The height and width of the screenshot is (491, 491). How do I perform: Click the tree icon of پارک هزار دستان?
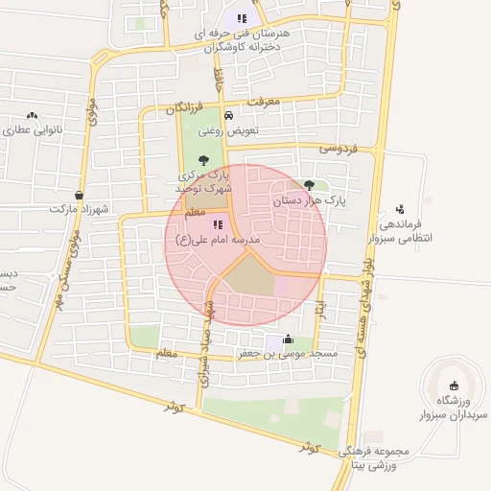(308, 185)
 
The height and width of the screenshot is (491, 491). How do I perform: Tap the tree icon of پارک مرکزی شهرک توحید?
(202, 160)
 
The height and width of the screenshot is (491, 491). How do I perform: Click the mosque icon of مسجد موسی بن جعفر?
(289, 338)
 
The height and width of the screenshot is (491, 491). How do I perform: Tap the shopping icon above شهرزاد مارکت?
(79, 194)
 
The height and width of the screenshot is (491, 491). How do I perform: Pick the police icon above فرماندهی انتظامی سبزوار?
(400, 207)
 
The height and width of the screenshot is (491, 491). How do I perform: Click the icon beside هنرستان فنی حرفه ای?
(243, 17)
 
